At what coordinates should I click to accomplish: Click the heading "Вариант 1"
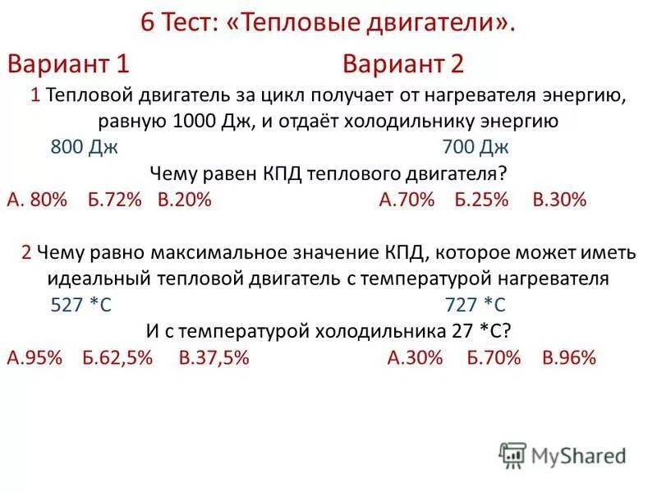69,64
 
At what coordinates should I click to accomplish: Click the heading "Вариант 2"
404,64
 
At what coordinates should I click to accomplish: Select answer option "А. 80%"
36,200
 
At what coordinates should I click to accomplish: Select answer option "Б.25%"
482,200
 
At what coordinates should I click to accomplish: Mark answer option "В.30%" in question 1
559,200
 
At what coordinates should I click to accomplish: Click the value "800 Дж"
85,148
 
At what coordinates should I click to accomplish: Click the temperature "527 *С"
81,305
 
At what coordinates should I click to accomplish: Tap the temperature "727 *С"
476,305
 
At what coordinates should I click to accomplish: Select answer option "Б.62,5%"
117,357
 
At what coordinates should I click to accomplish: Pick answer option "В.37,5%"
214,357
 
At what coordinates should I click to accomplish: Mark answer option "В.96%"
569,357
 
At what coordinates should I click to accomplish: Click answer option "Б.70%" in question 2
493,357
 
